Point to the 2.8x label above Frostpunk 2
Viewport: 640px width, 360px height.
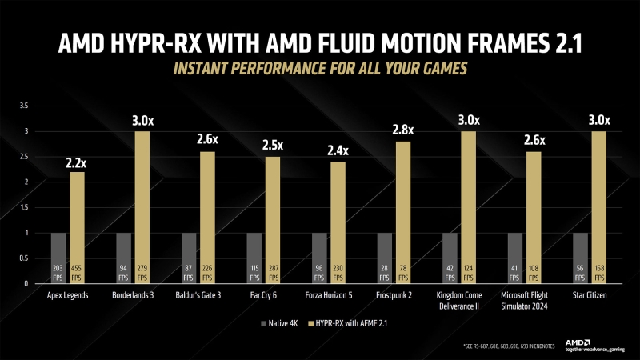(x=403, y=129)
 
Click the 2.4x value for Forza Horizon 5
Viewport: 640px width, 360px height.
(x=338, y=149)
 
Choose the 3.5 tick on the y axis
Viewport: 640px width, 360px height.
(x=23, y=106)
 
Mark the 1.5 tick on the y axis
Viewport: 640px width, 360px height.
(x=23, y=207)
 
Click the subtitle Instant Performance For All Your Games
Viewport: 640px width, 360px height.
(x=320, y=69)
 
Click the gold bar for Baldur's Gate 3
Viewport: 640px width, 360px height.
(x=207, y=217)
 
